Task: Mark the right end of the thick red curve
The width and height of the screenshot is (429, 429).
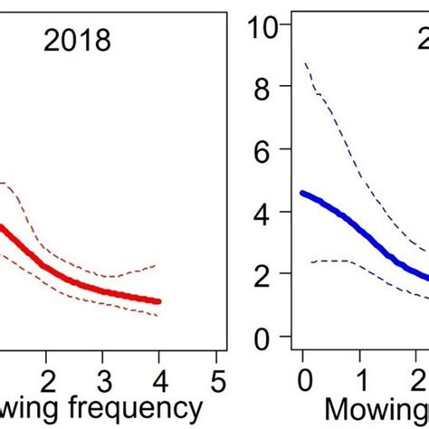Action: pos(159,301)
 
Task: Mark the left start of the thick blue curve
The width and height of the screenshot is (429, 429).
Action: pos(303,193)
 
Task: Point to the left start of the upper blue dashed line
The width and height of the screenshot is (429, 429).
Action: pos(304,62)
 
